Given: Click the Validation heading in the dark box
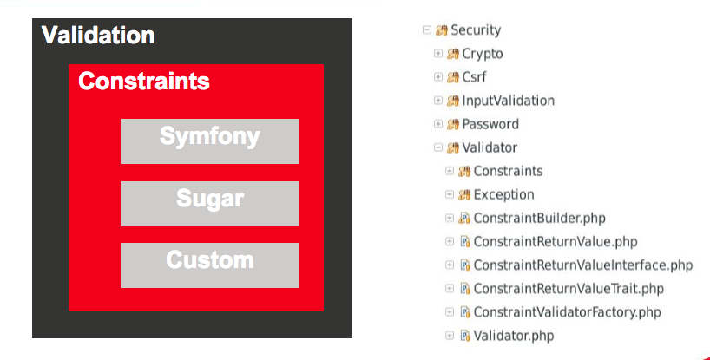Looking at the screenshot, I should pyautogui.click(x=98, y=36).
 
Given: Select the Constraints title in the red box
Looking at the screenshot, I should pyautogui.click(x=144, y=82).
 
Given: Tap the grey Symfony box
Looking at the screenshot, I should pyautogui.click(x=209, y=141).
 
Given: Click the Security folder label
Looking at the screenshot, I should pyautogui.click(x=475, y=30).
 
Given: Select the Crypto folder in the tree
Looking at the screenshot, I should pyautogui.click(x=482, y=54).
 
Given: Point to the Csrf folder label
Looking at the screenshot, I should pyautogui.click(x=474, y=77).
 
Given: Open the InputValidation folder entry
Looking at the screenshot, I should pyautogui.click(x=508, y=101).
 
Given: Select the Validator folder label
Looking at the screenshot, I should pyautogui.click(x=489, y=147).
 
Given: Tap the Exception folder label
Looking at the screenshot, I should pyautogui.click(x=503, y=194).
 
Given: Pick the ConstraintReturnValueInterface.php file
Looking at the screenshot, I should pyautogui.click(x=582, y=265).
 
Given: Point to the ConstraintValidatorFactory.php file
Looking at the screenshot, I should pyautogui.click(x=567, y=311).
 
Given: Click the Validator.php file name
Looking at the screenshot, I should pyautogui.click(x=513, y=335).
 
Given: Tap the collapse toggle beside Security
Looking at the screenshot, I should pyautogui.click(x=427, y=30).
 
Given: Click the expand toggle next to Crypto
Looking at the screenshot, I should pyautogui.click(x=438, y=54).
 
